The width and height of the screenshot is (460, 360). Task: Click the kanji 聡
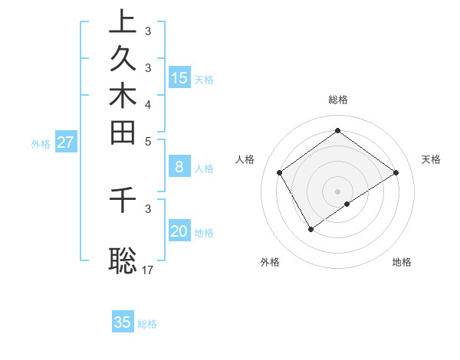(123, 259)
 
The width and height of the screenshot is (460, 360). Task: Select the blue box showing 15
(179, 77)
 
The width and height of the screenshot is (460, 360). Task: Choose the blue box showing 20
(179, 231)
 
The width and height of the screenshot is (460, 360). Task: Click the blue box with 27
(65, 142)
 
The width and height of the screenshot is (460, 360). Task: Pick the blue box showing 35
(123, 322)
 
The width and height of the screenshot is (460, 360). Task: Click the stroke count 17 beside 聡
(149, 270)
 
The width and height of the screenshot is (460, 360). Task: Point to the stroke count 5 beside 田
(148, 141)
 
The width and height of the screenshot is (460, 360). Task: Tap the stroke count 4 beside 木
(148, 104)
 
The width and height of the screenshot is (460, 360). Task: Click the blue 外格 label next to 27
(41, 143)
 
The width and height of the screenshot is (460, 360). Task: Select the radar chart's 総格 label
(337, 100)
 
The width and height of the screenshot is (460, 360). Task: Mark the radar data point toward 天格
(396, 172)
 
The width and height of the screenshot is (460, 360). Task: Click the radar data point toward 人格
(280, 172)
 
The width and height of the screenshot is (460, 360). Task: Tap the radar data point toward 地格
(347, 204)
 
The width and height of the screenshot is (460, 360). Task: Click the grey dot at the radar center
(337, 191)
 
